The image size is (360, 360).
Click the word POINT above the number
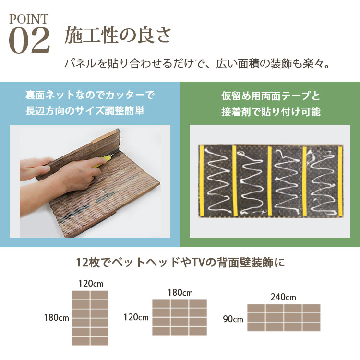[29, 19]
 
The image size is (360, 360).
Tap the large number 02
[29, 40]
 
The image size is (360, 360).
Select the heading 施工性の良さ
[118, 36]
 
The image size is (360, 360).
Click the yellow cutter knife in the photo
[103, 161]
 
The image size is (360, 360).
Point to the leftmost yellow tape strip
[202, 181]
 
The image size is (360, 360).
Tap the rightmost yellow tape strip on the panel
[340, 181]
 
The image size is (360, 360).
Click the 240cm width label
[283, 297]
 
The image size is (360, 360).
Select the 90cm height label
[233, 319]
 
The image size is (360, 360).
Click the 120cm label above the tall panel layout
[91, 284]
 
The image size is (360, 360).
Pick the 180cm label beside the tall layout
[57, 318]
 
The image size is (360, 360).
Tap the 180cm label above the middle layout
[180, 293]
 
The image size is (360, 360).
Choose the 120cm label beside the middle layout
[136, 317]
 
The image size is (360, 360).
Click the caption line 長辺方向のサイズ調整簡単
[85, 111]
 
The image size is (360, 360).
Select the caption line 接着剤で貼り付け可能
[271, 111]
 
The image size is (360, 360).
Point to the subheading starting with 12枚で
[180, 263]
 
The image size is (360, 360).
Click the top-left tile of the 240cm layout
[256, 308]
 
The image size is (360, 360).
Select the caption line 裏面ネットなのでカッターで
[90, 95]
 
